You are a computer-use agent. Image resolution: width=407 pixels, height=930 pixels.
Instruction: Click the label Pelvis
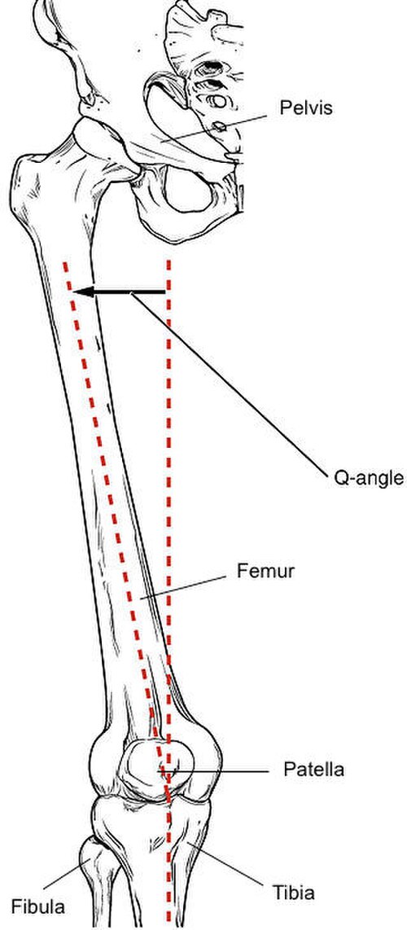pyautogui.click(x=306, y=108)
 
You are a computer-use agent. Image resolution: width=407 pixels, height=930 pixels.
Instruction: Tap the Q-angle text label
pyautogui.click(x=369, y=478)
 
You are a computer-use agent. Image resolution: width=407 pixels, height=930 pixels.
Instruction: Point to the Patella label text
pyautogui.click(x=313, y=770)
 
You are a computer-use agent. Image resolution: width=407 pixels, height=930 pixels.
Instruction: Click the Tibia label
pyautogui.click(x=293, y=893)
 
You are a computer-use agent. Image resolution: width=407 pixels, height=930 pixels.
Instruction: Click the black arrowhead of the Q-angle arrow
pyautogui.click(x=82, y=292)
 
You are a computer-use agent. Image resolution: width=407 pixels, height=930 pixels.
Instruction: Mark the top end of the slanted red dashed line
pyautogui.click(x=64, y=262)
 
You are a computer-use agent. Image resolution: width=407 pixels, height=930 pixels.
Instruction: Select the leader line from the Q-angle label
pyautogui.click(x=230, y=383)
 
